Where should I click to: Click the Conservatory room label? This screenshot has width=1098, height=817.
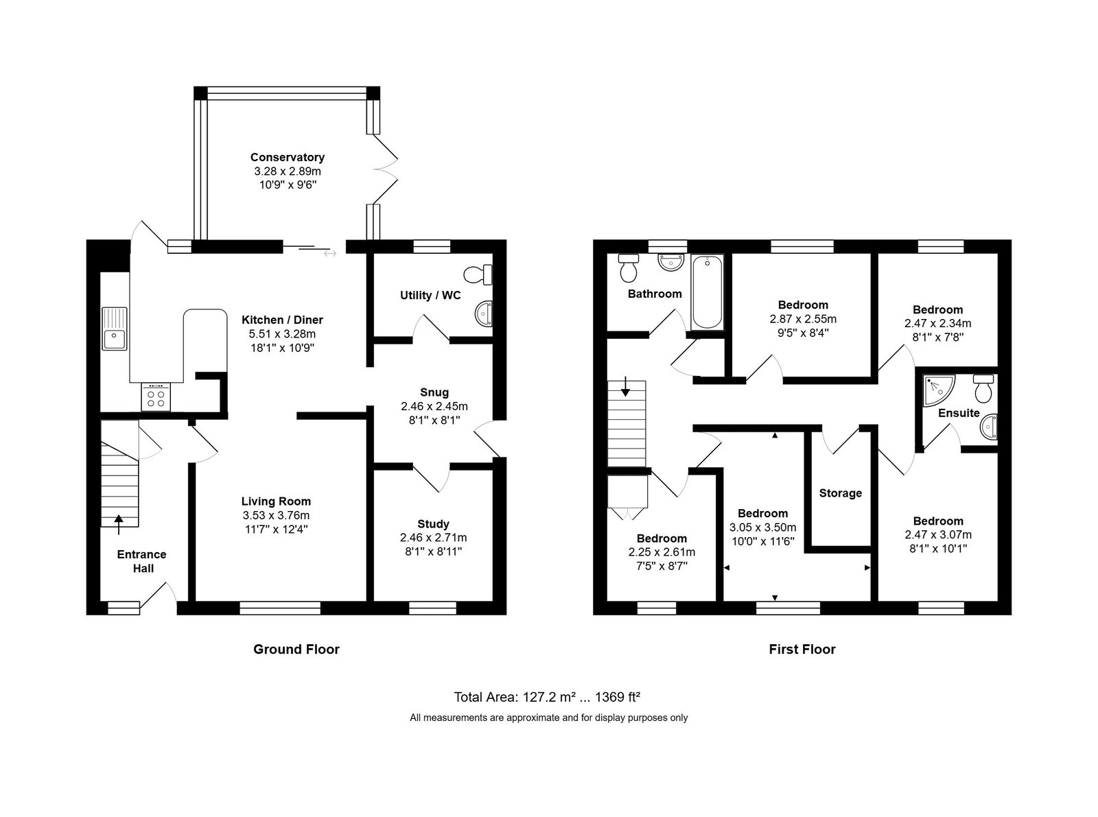(287, 157)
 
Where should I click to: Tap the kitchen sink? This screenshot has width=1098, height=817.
(115, 328)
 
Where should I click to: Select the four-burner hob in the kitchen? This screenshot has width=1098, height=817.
(156, 397)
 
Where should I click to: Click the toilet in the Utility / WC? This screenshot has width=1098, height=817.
(478, 274)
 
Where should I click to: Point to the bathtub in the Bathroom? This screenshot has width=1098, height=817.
(708, 292)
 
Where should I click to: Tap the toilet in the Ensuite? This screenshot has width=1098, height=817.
(983, 388)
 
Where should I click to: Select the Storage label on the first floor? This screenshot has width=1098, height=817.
(840, 493)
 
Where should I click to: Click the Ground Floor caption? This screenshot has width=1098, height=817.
(296, 649)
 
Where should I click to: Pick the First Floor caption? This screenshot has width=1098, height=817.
(802, 649)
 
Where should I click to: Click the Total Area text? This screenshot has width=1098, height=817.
(547, 697)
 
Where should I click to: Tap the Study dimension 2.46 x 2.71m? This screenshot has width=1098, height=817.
(433, 537)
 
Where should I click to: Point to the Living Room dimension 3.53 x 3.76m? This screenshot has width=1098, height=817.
(276, 516)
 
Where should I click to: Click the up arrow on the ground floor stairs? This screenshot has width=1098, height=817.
(119, 525)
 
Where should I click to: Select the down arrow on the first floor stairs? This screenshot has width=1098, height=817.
(625, 386)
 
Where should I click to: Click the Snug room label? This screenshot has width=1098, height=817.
(434, 392)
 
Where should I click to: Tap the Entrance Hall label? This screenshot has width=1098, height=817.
(141, 561)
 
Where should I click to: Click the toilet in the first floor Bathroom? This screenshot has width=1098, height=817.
(629, 268)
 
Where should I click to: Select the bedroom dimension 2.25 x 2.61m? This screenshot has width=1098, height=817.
(662, 552)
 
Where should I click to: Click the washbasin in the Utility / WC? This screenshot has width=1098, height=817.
(484, 313)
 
